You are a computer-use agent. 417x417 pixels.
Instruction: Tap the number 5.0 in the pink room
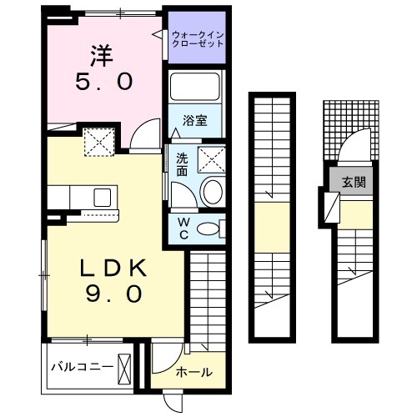(x=103, y=83)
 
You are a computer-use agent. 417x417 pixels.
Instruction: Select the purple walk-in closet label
(x=197, y=38)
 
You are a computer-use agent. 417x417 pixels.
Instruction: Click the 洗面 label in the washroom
(x=182, y=163)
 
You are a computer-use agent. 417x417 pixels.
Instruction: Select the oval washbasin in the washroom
(x=213, y=191)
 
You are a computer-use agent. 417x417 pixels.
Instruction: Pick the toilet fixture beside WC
(x=212, y=228)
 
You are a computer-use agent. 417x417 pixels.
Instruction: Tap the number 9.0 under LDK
(x=113, y=294)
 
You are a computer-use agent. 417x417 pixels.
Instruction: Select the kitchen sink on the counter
(x=103, y=197)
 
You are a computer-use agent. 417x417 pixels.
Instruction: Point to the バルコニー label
(x=81, y=366)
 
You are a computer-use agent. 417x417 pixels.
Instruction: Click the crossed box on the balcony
(x=125, y=366)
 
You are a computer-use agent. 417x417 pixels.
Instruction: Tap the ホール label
(x=194, y=372)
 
